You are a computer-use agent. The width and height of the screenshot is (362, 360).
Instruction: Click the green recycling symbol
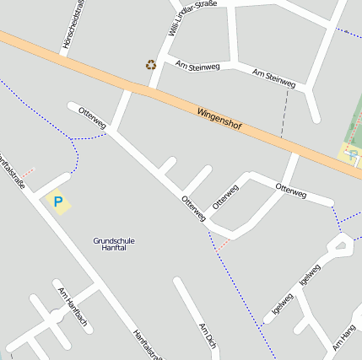(151, 65)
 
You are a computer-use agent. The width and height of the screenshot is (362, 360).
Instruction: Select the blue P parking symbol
(58, 202)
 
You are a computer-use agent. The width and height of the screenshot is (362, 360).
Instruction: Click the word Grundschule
(114, 241)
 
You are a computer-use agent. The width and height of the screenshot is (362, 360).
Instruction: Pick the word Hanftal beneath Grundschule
(114, 249)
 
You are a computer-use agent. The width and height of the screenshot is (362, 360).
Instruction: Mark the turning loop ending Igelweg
(342, 245)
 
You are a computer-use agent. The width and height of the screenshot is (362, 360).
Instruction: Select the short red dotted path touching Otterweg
(224, 244)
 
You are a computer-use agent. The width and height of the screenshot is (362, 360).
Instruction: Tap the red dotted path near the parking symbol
(29, 171)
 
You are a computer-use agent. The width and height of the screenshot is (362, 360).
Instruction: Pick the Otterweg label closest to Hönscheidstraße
(92, 118)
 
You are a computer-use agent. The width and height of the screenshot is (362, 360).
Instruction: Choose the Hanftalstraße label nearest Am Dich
(147, 343)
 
